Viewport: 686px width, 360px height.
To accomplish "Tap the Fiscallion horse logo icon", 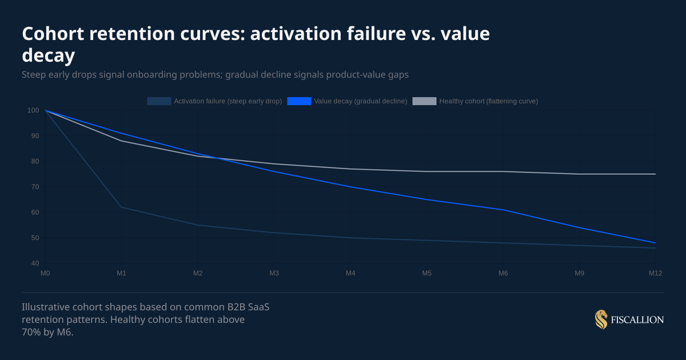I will pyautogui.click(x=601, y=320).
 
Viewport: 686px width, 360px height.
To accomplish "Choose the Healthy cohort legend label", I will pyautogui.click(x=488, y=101).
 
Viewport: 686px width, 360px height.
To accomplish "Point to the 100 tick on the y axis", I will pyautogui.click(x=33, y=110).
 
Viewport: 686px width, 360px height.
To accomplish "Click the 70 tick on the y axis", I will pyautogui.click(x=35, y=187).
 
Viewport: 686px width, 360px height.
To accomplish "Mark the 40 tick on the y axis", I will pyautogui.click(x=35, y=263).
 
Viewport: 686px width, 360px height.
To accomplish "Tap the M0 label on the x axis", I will pyautogui.click(x=45, y=274).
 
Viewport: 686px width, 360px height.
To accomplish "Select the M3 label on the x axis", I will pyautogui.click(x=274, y=274).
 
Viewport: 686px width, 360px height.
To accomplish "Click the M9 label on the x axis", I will pyautogui.click(x=579, y=274).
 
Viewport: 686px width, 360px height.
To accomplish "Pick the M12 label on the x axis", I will pyautogui.click(x=655, y=274).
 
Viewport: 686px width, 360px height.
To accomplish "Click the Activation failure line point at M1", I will pyautogui.click(x=121, y=207).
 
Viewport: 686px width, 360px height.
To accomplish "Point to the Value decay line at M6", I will pyautogui.click(x=503, y=210).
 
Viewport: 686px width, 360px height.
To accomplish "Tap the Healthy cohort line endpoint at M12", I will pyautogui.click(x=655, y=174).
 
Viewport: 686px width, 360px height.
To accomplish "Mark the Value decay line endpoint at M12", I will pyautogui.click(x=655, y=243).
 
